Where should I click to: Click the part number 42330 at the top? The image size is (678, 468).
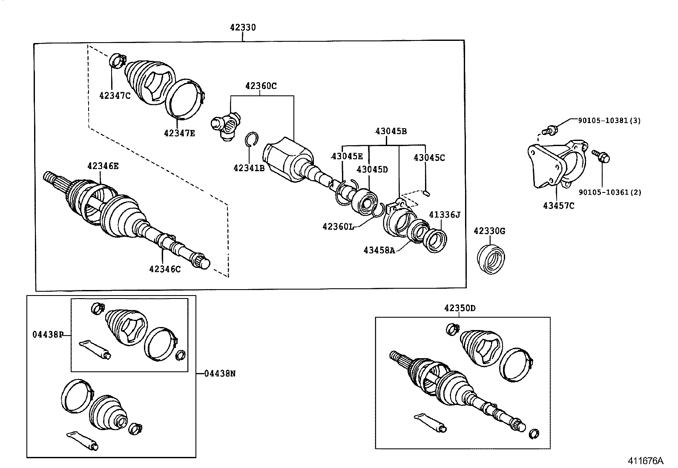pyautogui.click(x=243, y=28)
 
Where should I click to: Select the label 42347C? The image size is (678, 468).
pyautogui.click(x=115, y=95)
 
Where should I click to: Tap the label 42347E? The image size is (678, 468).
pyautogui.click(x=179, y=133)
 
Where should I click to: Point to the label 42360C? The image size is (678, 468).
pyautogui.click(x=261, y=86)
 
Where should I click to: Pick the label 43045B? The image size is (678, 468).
pyautogui.click(x=391, y=131)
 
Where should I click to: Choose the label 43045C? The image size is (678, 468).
pyautogui.click(x=429, y=158)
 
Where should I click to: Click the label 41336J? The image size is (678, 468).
pyautogui.click(x=444, y=215)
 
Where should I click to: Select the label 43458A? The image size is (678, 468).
pyautogui.click(x=379, y=250)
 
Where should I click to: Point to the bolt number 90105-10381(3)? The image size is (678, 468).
pyautogui.click(x=609, y=121)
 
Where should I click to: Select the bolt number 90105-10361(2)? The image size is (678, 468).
pyautogui.click(x=609, y=192)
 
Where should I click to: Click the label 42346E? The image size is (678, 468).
pyautogui.click(x=103, y=166)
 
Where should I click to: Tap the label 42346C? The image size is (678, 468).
pyautogui.click(x=165, y=269)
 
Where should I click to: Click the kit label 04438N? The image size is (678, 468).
pyautogui.click(x=219, y=373)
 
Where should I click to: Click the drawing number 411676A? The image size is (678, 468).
pyautogui.click(x=645, y=461)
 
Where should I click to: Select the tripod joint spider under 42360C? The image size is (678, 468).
pyautogui.click(x=226, y=125)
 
